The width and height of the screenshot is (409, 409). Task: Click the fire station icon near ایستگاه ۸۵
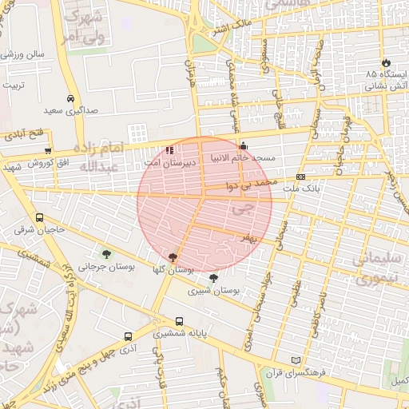pos(387,62)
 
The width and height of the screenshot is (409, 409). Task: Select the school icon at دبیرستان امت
pos(169,149)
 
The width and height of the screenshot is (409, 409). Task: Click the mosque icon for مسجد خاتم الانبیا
pos(243,146)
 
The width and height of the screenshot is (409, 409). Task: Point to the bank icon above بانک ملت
pos(300,177)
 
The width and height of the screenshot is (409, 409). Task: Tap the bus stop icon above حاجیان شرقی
pos(40,218)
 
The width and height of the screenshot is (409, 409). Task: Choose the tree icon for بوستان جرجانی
pos(106,255)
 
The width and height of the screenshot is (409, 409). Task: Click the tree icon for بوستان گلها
pos(173,257)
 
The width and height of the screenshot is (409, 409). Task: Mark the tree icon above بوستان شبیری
pos(212,278)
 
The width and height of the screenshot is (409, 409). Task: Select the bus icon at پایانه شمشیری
pos(179,321)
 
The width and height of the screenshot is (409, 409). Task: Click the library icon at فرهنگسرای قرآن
pos(297,360)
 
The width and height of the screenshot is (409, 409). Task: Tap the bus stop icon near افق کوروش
pos(48,150)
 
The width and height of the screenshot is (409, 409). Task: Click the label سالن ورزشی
pos(23,55)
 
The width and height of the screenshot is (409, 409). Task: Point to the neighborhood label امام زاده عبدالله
pos(95,157)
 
